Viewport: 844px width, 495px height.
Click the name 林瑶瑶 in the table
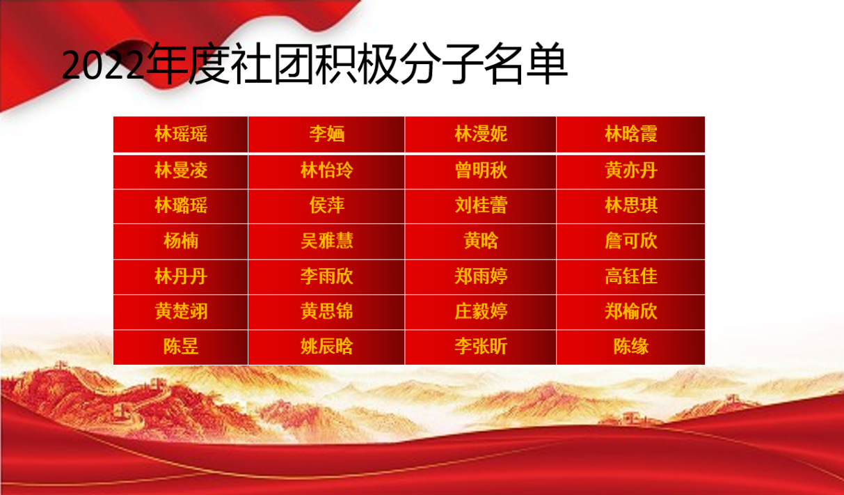[181, 134]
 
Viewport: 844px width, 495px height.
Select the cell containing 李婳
[326, 134]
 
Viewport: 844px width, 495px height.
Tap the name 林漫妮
[481, 134]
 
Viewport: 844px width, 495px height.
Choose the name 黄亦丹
[631, 170]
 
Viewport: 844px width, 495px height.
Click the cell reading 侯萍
[326, 205]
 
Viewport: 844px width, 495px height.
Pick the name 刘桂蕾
[481, 205]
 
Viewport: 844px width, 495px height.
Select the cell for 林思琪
[631, 205]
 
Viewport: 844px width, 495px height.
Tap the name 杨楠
[181, 241]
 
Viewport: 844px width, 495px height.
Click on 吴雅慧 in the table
[326, 241]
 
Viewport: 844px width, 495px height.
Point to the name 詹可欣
[631, 241]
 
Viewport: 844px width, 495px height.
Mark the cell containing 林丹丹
[181, 276]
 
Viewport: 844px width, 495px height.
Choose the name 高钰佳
[631, 276]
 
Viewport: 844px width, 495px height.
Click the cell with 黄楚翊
[181, 312]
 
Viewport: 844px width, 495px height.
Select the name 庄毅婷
[481, 312]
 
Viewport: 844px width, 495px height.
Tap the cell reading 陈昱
[181, 347]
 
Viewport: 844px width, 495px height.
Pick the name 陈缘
[631, 347]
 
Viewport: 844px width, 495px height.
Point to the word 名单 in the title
[525, 63]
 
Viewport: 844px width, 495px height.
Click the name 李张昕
[481, 347]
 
